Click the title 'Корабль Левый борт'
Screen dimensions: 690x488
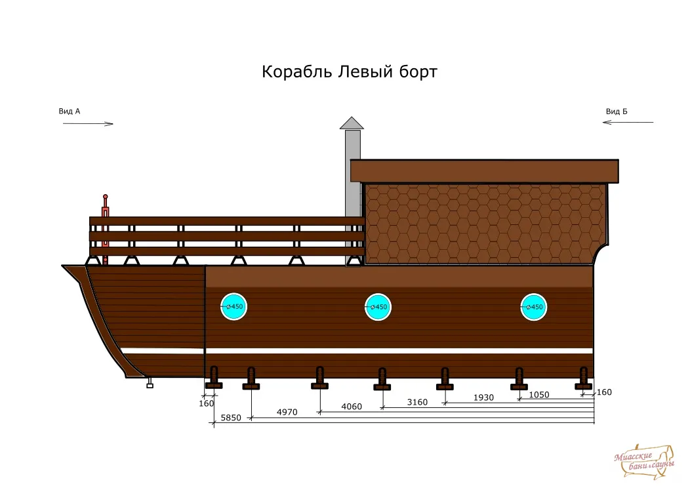[350, 71]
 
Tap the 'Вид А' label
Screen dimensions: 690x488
[70, 112]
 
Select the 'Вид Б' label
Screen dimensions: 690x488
[617, 112]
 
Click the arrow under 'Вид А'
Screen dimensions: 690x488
[88, 124]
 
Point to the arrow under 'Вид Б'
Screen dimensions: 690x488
[628, 122]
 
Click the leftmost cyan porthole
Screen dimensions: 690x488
[233, 306]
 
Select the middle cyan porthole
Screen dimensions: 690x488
[378, 307]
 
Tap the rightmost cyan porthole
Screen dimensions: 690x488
[534, 307]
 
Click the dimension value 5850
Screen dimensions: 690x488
[231, 418]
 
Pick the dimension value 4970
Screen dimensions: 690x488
[287, 413]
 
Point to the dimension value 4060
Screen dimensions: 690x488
[352, 407]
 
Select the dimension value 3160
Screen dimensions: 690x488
[417, 402]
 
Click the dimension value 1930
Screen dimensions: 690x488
[483, 397]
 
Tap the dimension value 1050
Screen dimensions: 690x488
[539, 395]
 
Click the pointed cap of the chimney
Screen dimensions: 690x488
[352, 123]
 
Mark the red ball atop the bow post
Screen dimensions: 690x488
[105, 197]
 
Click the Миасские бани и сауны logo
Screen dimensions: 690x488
[644, 462]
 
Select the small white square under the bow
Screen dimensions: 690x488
[150, 386]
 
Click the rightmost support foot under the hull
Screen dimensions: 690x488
[584, 378]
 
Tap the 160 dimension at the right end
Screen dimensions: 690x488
[604, 392]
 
